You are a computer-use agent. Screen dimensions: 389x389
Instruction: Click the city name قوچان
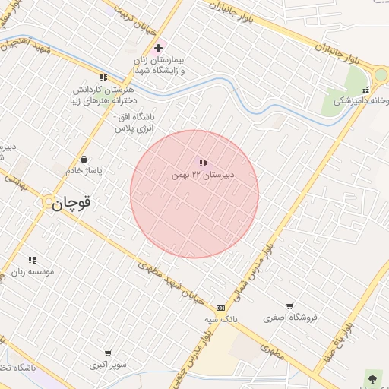coord(76,204)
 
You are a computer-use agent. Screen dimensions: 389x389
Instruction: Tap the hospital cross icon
coord(158,48)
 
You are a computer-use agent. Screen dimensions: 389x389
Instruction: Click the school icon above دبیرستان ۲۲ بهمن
coord(202,163)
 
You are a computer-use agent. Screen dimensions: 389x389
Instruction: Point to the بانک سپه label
coord(221,320)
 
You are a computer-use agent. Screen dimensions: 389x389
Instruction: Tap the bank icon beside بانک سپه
coord(220,308)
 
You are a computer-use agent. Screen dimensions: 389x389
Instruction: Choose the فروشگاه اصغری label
coord(289,318)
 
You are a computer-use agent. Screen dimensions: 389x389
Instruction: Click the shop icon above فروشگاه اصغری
coord(289,305)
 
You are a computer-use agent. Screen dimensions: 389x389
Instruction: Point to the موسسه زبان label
coord(33,271)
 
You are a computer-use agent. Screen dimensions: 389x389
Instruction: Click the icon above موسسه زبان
coord(32,260)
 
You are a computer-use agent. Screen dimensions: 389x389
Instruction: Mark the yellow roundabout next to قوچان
coord(49,202)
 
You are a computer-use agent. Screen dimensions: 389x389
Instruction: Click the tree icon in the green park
coord(372,377)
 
